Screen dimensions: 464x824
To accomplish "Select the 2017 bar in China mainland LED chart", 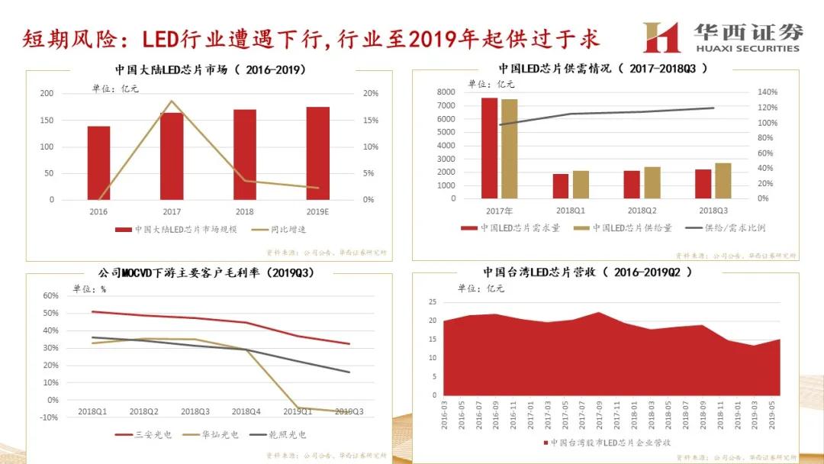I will pyautogui.click(x=172, y=156).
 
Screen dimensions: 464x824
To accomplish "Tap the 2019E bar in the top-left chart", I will pyautogui.click(x=317, y=153).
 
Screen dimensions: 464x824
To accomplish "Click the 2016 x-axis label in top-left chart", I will pyautogui.click(x=98, y=211).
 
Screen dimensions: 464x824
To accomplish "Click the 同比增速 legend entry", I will pyautogui.click(x=285, y=228).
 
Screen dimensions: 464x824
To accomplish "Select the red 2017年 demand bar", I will pyautogui.click(x=489, y=147).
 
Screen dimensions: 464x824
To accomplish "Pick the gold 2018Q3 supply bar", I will pyautogui.click(x=723, y=180).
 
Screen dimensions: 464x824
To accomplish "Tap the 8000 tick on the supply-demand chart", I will pyautogui.click(x=446, y=92).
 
